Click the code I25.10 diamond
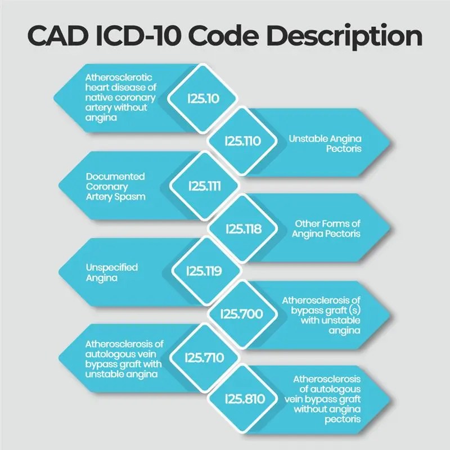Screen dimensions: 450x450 pos(203,98)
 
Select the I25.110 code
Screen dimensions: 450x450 pos(242,141)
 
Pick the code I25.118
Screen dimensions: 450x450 pos(242,228)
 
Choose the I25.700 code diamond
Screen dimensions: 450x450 pos(242,314)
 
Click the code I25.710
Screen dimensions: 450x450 pos(203,357)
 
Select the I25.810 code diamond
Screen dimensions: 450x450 pos(242,398)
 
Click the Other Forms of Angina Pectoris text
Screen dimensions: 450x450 pos(326,228)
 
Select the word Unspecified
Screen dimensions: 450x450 pos(111,268)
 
